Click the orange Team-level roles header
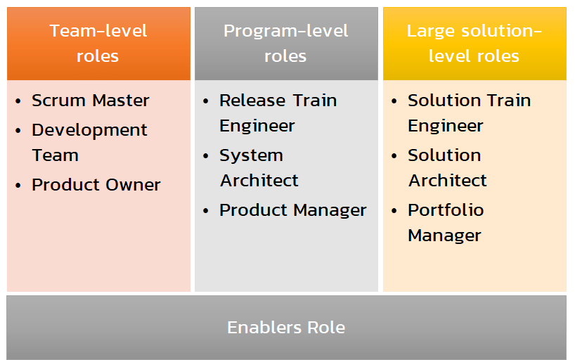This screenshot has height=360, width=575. click(x=98, y=44)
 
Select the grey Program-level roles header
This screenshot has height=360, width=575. click(x=286, y=44)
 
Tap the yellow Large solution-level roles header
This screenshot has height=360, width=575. click(x=474, y=44)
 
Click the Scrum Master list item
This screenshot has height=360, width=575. click(x=90, y=101)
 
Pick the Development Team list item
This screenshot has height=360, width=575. click(x=89, y=143)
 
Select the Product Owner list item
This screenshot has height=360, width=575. click(x=96, y=185)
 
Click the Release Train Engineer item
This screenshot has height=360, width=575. click(x=278, y=113)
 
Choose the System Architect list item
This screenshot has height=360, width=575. click(x=259, y=168)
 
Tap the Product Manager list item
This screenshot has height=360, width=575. click(x=292, y=210)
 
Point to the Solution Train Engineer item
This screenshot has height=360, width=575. click(x=469, y=113)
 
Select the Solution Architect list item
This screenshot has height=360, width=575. click(x=447, y=168)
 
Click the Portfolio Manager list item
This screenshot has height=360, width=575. click(x=446, y=223)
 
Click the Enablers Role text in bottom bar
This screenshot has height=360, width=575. click(x=286, y=328)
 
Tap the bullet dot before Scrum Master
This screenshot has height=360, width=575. click(x=18, y=102)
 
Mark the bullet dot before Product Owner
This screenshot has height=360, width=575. click(x=18, y=186)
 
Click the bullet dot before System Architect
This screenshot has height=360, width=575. click(x=206, y=157)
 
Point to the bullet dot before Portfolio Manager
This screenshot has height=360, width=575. click(x=394, y=212)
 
